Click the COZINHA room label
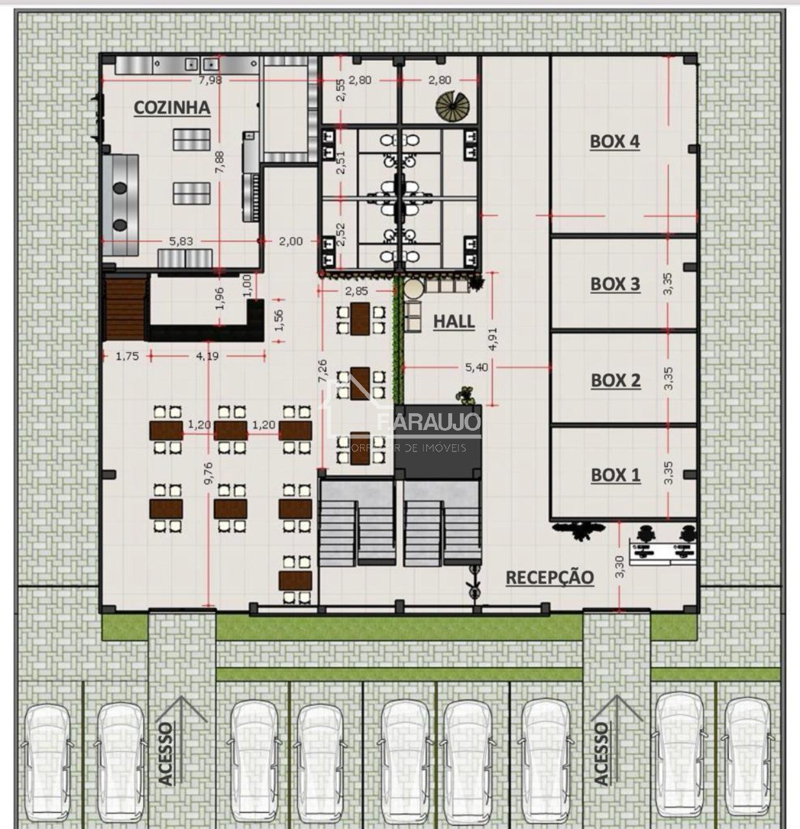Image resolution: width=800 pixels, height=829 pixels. click(x=172, y=108)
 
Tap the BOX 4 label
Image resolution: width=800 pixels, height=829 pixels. click(x=614, y=142)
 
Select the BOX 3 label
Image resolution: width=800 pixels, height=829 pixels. click(x=615, y=284)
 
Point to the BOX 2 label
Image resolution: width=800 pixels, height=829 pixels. click(x=615, y=380)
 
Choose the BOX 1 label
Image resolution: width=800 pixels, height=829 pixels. click(x=615, y=475)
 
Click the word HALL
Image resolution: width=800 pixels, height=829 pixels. click(x=453, y=321)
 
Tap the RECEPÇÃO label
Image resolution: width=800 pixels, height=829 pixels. click(x=549, y=577)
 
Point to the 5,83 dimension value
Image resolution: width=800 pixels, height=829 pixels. click(x=181, y=241)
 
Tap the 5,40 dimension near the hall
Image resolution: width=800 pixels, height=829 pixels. click(x=476, y=367)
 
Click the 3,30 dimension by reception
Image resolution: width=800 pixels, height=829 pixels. click(x=620, y=567)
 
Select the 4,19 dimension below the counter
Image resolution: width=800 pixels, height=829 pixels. click(x=207, y=356)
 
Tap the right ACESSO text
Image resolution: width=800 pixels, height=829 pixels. click(x=602, y=753)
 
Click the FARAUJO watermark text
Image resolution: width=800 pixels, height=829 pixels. click(x=429, y=423)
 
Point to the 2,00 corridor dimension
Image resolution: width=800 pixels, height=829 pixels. click(x=290, y=241)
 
